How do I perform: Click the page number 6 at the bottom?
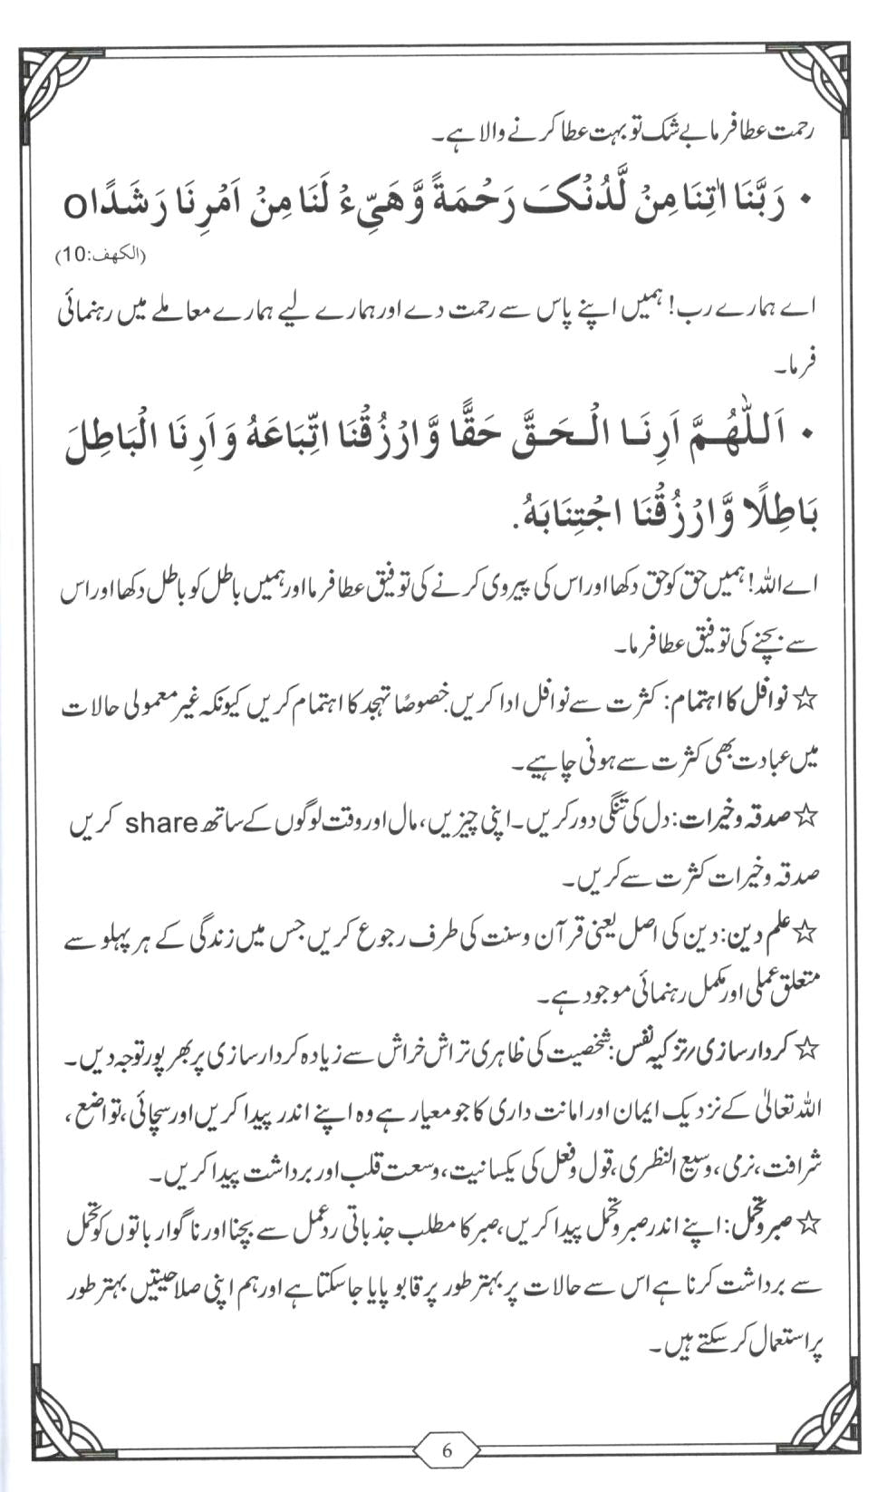click(x=446, y=1449)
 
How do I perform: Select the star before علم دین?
click(x=805, y=932)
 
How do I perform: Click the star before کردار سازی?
click(x=805, y=1050)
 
